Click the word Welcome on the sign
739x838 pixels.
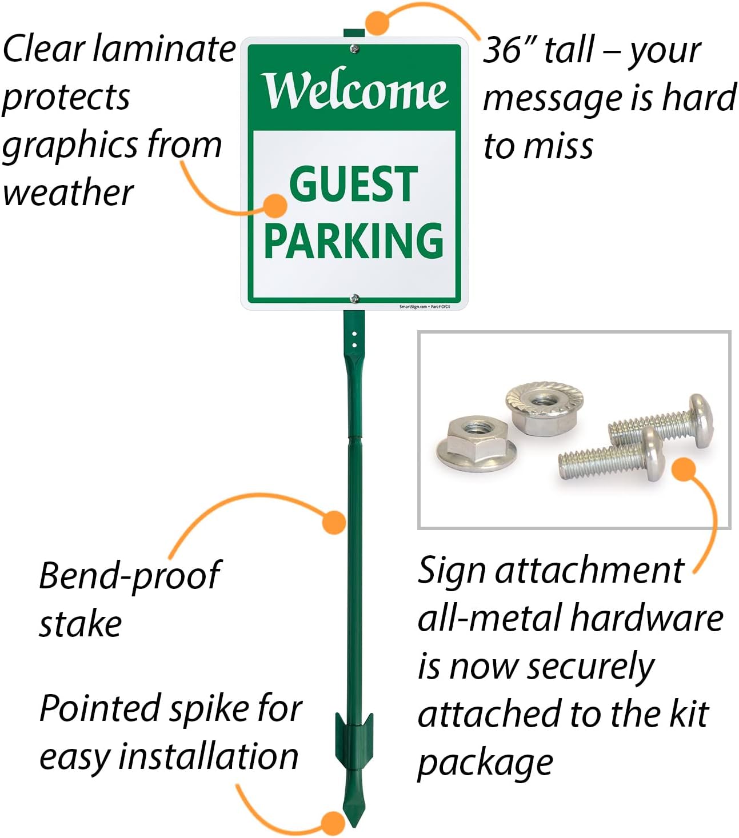coord(355,90)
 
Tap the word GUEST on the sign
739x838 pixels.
coord(354,184)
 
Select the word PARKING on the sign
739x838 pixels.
coord(354,240)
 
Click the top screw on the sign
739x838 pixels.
coord(354,50)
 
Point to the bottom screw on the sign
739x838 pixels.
coord(355,298)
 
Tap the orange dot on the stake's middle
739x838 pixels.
coord(334,522)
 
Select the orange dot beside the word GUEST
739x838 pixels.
coord(277,206)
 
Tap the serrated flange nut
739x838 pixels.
coord(544,405)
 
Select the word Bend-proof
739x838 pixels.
coord(129,576)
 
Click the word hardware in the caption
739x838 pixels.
coord(646,618)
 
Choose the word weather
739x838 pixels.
coord(68,193)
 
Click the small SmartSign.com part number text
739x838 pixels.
coord(424,307)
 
